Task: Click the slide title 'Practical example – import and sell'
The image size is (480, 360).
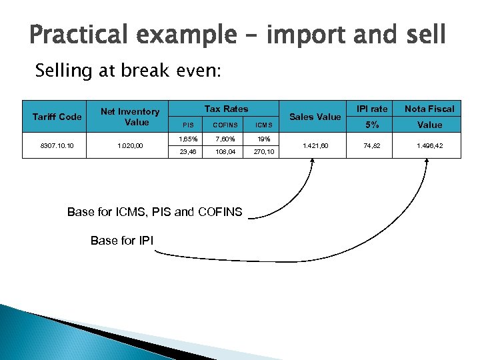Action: pyautogui.click(x=237, y=35)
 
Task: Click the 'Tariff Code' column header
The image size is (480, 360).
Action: pyautogui.click(x=57, y=117)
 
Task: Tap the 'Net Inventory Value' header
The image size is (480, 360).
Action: pyautogui.click(x=130, y=117)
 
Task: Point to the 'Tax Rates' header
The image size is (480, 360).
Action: pyautogui.click(x=226, y=109)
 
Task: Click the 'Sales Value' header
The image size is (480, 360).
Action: pyautogui.click(x=315, y=117)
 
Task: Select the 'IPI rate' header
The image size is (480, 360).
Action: pyautogui.click(x=371, y=109)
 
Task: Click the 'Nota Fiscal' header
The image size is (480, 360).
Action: pyautogui.click(x=430, y=109)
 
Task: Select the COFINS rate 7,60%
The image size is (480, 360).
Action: pyautogui.click(x=224, y=138)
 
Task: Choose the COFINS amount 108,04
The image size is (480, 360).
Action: pyautogui.click(x=224, y=152)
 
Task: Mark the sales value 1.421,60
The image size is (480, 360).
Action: pyautogui.click(x=315, y=145)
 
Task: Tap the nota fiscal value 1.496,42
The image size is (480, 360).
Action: pyautogui.click(x=430, y=145)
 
